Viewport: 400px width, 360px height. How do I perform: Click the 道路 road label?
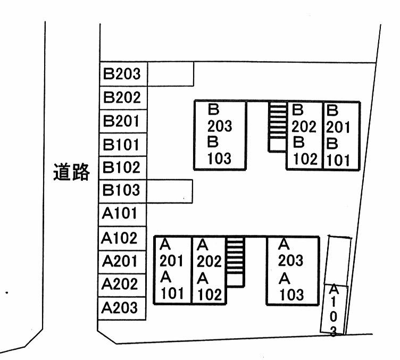pyautogui.click(x=71, y=172)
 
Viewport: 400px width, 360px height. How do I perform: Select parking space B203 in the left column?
pyautogui.click(x=123, y=73)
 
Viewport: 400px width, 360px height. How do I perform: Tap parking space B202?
pyautogui.click(x=123, y=97)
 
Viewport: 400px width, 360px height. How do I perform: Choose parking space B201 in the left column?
pyautogui.click(x=123, y=121)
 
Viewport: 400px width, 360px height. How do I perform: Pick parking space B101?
pyautogui.click(x=123, y=145)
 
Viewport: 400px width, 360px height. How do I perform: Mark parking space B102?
pyautogui.click(x=123, y=168)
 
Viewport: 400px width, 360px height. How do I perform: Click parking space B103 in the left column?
pyautogui.click(x=123, y=190)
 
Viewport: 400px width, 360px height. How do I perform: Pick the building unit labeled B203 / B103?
pyautogui.click(x=220, y=135)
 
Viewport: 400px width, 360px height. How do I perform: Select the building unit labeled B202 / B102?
pyautogui.click(x=304, y=135)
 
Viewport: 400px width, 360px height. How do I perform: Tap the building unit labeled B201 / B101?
pyautogui.click(x=341, y=135)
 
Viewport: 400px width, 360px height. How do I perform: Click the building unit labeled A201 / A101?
pyautogui.click(x=172, y=270)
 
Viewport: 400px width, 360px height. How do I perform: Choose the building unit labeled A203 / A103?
pyautogui.click(x=292, y=270)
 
